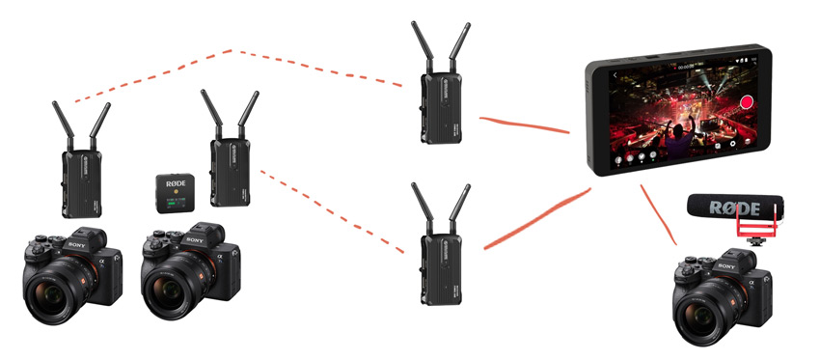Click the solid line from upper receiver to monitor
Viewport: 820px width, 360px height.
(x=526, y=125)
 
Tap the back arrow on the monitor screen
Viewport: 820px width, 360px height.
(x=614, y=73)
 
